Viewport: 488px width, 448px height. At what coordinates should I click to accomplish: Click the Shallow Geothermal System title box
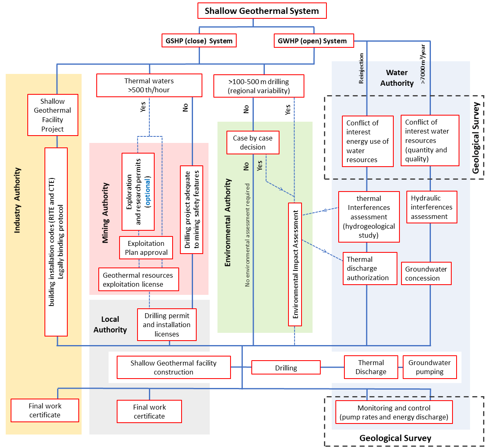(262, 11)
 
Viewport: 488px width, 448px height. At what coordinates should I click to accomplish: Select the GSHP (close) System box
(199, 41)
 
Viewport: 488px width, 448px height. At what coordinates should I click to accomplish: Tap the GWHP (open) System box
(313, 41)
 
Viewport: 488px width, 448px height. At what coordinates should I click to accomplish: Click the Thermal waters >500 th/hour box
(149, 85)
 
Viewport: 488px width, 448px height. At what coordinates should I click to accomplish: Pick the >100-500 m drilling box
(259, 86)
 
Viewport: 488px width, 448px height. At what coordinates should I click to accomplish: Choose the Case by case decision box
(253, 143)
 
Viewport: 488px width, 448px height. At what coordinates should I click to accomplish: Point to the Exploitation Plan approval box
(146, 248)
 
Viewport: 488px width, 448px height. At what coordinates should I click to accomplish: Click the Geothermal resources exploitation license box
(138, 280)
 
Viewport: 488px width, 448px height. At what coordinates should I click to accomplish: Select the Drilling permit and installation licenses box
(166, 325)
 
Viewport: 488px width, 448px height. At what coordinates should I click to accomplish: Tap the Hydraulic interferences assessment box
(431, 207)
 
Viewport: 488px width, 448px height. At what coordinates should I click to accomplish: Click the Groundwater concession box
(426, 274)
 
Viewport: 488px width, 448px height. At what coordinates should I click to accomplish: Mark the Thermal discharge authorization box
(370, 268)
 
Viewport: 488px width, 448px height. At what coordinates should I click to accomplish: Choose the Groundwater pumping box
(429, 367)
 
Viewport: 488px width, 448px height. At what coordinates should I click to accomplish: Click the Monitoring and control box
(394, 412)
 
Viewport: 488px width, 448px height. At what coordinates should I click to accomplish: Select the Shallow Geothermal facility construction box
(173, 368)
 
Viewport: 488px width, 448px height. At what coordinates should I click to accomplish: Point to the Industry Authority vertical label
(17, 200)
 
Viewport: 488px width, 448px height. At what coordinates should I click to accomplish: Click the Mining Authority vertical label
(106, 213)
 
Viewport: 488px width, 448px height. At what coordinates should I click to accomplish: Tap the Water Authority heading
(397, 78)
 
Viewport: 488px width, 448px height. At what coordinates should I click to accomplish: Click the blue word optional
(148, 192)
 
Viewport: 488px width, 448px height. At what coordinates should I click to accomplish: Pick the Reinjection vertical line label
(361, 69)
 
